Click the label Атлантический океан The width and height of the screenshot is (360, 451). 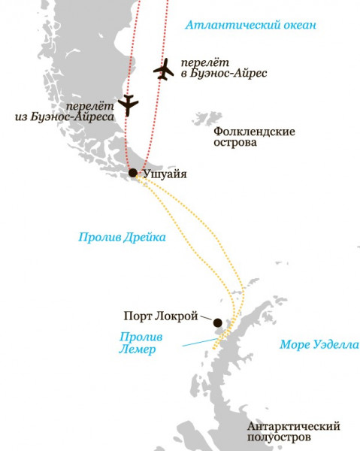coord(250,26)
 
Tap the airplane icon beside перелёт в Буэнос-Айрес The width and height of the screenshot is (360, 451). coord(163,68)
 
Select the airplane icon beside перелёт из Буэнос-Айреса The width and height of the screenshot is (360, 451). coord(128,105)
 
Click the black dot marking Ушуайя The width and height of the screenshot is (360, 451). coord(133,173)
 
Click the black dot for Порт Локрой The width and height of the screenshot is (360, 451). coord(217,322)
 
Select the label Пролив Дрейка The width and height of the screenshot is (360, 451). coord(122,236)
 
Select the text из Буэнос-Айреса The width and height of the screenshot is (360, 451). coord(65,117)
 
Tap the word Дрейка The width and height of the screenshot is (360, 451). coord(146,236)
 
